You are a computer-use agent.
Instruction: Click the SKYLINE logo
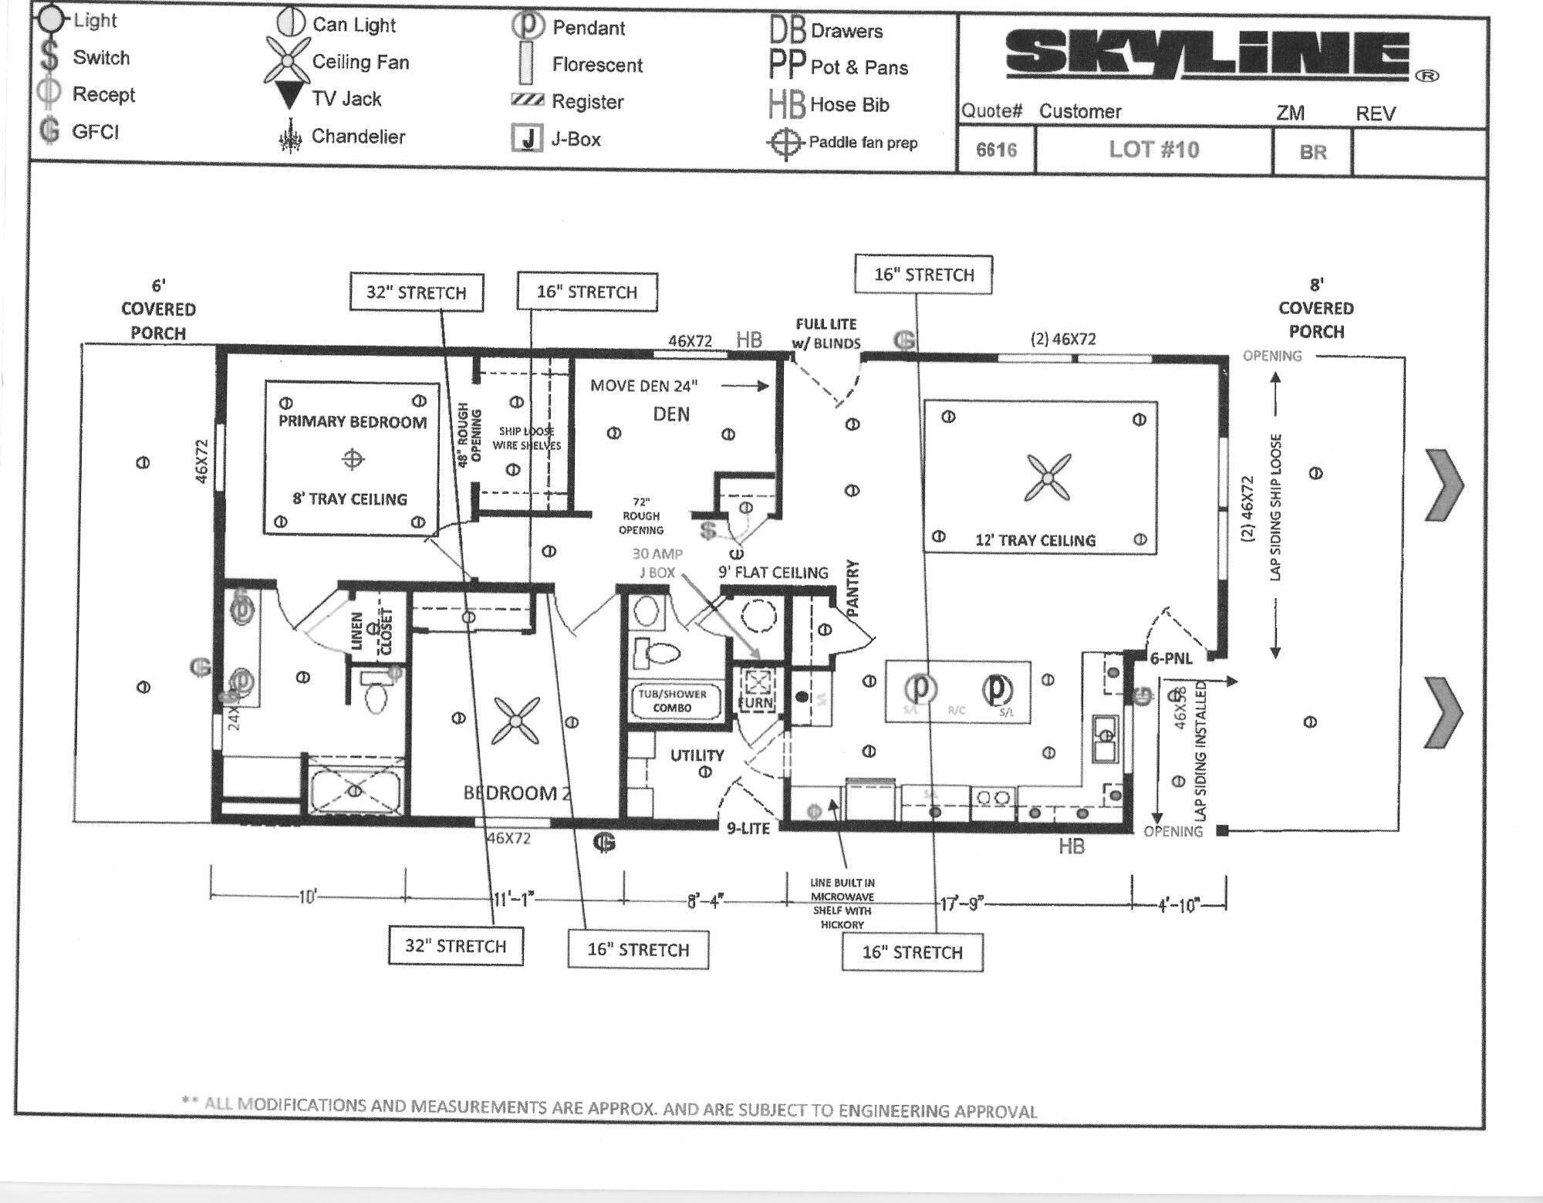pyautogui.click(x=1208, y=53)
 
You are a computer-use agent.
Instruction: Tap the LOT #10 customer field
pyautogui.click(x=1153, y=150)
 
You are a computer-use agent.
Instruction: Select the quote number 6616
pyautogui.click(x=996, y=150)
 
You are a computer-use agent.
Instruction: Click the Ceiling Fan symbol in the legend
pyautogui.click(x=286, y=61)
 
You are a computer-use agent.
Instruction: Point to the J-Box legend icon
pyautogui.click(x=527, y=139)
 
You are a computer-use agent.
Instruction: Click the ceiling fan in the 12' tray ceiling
pyautogui.click(x=1048, y=478)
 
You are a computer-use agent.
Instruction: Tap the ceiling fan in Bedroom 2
pyautogui.click(x=515, y=721)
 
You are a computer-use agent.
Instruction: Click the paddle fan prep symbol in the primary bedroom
pyautogui.click(x=353, y=460)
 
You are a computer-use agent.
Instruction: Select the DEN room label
pyautogui.click(x=671, y=414)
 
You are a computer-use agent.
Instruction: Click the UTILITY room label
pyautogui.click(x=697, y=755)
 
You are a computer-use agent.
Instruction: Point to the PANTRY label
pyautogui.click(x=853, y=589)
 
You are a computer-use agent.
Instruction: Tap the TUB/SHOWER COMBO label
pyautogui.click(x=672, y=701)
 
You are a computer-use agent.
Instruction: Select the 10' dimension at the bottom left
pyautogui.click(x=307, y=897)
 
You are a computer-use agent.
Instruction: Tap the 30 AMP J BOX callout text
pyautogui.click(x=657, y=563)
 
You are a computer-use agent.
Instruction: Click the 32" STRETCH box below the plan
pyautogui.click(x=455, y=946)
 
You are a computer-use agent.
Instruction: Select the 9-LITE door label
pyautogui.click(x=748, y=828)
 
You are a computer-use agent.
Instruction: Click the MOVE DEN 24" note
pyautogui.click(x=643, y=386)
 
